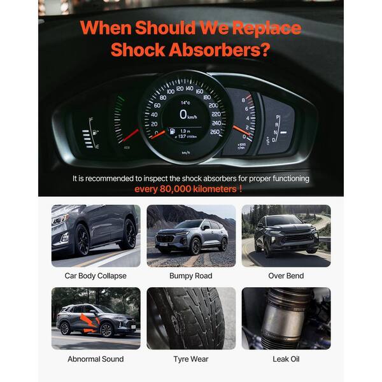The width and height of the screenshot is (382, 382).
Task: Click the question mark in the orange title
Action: pyautogui.click(x=265, y=50)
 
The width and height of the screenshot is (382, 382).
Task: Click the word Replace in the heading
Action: pyautogui.click(x=267, y=29)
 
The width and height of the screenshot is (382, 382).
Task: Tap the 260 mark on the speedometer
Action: pyautogui.click(x=215, y=132)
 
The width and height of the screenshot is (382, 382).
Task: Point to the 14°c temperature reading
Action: pyautogui.click(x=185, y=103)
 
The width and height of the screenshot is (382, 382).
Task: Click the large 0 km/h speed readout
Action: pyautogui.click(x=188, y=115)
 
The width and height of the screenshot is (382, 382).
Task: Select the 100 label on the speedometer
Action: pyautogui.click(x=171, y=91)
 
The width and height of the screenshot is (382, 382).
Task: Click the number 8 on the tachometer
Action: pyautogui.click(x=243, y=100)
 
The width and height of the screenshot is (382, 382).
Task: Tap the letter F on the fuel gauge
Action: pyautogui.click(x=91, y=120)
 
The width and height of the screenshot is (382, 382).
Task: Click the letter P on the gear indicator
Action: pyautogui.click(x=278, y=117)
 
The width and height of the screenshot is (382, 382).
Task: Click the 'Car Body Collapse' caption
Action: pyautogui.click(x=95, y=276)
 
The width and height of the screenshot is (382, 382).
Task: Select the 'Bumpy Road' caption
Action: pyautogui.click(x=191, y=276)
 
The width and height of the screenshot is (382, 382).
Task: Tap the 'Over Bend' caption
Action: pyautogui.click(x=286, y=276)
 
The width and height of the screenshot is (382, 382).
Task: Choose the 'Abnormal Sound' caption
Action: pyautogui.click(x=95, y=359)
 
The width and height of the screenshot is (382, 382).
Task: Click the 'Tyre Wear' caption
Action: pyautogui.click(x=191, y=359)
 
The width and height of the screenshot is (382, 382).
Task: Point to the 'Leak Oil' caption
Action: pyautogui.click(x=286, y=359)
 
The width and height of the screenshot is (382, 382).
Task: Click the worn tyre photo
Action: pyautogui.click(x=191, y=318)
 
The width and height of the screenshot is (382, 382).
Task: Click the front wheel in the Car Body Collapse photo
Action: pyautogui.click(x=82, y=240)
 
